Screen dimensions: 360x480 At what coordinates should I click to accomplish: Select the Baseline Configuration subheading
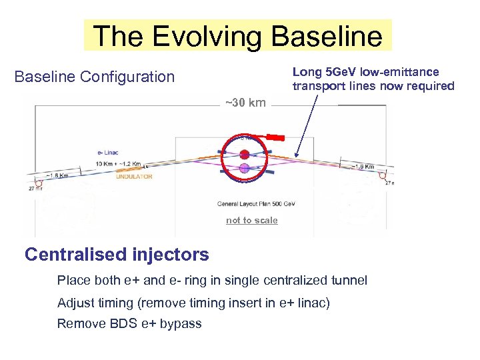(94, 77)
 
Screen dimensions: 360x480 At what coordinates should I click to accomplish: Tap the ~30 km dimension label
(245, 102)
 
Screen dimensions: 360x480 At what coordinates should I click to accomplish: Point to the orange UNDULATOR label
(134, 177)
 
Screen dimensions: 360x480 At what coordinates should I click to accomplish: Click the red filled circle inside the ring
(245, 154)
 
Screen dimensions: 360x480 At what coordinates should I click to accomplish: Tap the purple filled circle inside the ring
(245, 168)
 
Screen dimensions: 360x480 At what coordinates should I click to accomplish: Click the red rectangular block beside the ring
(275, 138)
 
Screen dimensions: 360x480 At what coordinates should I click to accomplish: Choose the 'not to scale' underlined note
(251, 221)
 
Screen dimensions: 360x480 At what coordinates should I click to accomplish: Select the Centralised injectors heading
(117, 254)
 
